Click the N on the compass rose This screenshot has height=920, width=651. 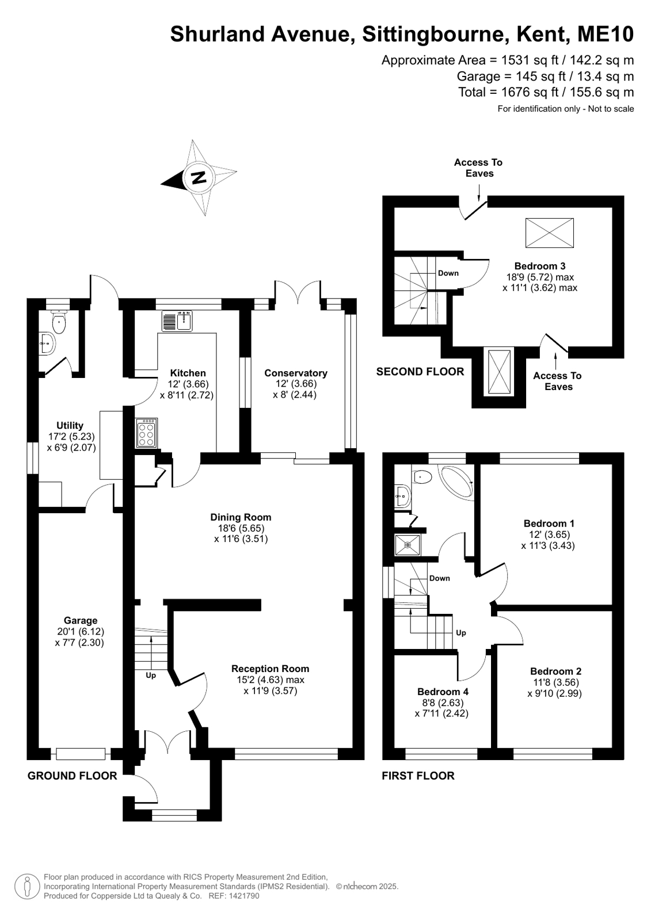click(199, 177)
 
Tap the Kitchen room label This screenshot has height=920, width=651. click(187, 373)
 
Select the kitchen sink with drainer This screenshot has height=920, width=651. click(178, 321)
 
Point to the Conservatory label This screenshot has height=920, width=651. click(295, 373)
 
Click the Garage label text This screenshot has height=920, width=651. click(81, 620)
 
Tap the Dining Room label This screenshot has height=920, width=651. click(241, 517)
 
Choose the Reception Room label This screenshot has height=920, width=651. click(270, 669)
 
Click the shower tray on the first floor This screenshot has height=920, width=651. click(408, 544)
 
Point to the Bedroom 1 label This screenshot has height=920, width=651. click(549, 523)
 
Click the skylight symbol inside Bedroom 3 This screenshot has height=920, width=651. click(549, 233)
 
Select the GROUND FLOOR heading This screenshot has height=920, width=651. click(72, 776)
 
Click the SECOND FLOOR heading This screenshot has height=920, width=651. click(420, 372)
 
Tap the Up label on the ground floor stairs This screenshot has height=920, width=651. click(151, 675)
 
